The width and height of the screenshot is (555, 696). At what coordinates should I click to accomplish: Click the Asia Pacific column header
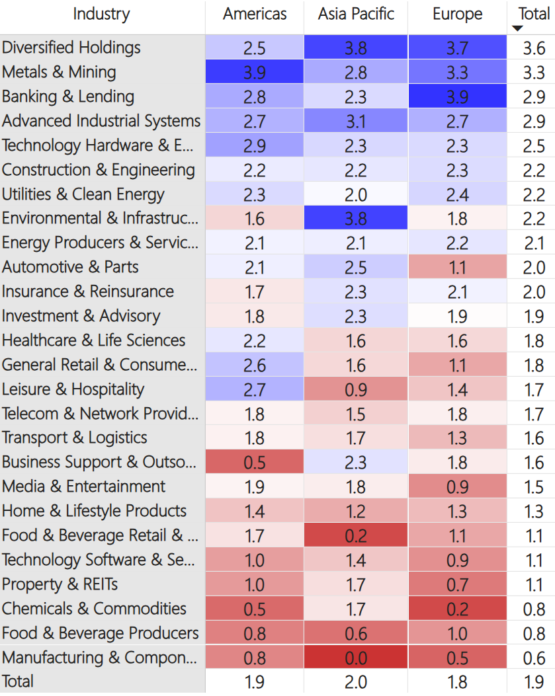click(x=356, y=15)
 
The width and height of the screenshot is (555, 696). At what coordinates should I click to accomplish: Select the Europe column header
click(x=457, y=15)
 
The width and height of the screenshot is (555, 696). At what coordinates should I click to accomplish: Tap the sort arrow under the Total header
click(x=517, y=28)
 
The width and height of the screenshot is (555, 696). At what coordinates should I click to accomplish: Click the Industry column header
click(x=101, y=15)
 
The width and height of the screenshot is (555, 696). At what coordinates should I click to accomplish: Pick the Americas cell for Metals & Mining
click(x=255, y=72)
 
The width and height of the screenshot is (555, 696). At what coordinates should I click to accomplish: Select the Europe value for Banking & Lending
click(x=457, y=97)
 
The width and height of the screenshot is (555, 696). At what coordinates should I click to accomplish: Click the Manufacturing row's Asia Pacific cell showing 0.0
click(x=356, y=658)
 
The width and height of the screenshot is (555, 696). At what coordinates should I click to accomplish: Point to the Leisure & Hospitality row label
click(x=73, y=389)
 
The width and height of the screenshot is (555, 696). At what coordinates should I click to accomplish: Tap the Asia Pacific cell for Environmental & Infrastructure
click(x=356, y=219)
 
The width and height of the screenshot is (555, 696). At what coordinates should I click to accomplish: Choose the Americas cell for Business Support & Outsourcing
click(x=255, y=463)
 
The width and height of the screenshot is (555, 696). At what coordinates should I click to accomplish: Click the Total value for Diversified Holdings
click(x=534, y=48)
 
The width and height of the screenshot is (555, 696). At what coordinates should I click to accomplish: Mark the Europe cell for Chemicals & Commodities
click(x=457, y=609)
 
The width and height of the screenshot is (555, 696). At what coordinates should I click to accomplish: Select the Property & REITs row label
click(x=60, y=584)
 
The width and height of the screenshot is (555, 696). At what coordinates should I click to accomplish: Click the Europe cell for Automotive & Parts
click(x=457, y=267)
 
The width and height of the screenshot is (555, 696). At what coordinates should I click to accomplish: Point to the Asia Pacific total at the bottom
click(x=356, y=681)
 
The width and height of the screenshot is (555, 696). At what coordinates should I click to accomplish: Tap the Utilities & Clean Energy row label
click(x=83, y=194)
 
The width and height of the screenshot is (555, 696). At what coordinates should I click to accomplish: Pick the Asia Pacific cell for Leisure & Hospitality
click(x=356, y=389)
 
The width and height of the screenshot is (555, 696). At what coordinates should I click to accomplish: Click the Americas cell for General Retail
click(x=255, y=365)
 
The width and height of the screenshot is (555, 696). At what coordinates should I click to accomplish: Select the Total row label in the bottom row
click(x=18, y=681)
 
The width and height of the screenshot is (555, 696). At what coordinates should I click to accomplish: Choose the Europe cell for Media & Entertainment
click(x=457, y=487)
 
